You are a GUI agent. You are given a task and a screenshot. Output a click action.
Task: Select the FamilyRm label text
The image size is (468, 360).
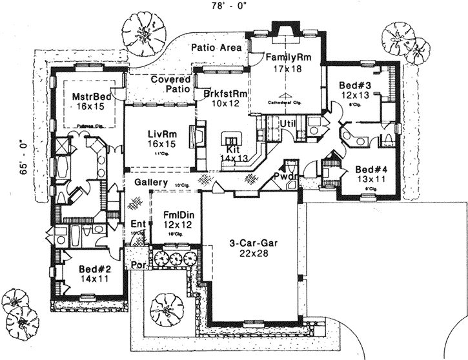point(290,57)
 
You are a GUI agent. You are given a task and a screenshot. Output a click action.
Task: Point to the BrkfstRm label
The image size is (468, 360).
point(221,92)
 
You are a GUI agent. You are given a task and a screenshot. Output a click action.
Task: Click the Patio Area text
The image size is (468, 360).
point(217,48)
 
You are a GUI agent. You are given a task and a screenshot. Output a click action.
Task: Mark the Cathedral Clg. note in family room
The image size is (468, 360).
point(285,102)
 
